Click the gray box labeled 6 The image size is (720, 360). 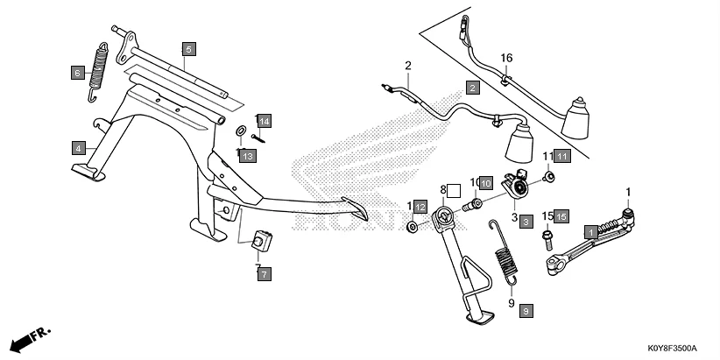point(77,74)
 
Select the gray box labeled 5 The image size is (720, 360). point(188,49)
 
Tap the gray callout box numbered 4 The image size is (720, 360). point(78,147)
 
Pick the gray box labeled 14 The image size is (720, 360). point(264,120)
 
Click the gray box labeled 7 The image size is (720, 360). point(264,274)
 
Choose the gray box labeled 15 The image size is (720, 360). point(561,215)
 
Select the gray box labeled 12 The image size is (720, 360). point(421,207)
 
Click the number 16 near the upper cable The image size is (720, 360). point(505,58)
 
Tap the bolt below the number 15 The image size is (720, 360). point(547,235)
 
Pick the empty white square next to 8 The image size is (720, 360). point(455,189)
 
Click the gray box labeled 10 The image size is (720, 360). point(486,183)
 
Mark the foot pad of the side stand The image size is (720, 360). point(481,320)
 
